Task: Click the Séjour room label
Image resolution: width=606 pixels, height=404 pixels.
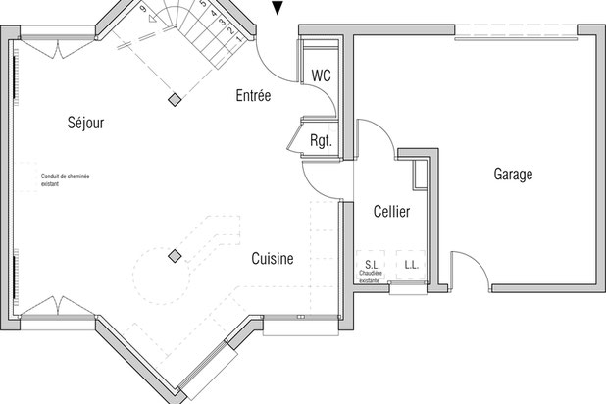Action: (x=86, y=123)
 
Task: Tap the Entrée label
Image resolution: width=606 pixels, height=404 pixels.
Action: (x=253, y=95)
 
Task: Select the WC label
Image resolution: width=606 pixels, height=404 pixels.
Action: (x=321, y=76)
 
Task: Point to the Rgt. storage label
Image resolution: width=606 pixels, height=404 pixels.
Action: (x=321, y=140)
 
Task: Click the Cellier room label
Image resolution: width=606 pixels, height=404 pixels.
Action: (x=391, y=212)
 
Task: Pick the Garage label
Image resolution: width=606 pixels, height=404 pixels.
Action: (x=513, y=175)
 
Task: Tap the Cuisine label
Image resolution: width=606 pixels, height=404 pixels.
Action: (x=273, y=258)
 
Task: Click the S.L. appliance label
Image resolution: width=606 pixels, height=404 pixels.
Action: (x=372, y=265)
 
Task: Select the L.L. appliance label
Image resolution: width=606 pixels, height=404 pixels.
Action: (x=411, y=265)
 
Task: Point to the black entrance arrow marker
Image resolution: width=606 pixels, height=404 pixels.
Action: (x=279, y=9)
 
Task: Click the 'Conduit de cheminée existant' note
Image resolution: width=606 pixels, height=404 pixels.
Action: (x=65, y=179)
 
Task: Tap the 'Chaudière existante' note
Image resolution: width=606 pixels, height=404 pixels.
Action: (x=370, y=278)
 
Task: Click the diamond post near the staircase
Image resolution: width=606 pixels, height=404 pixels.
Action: (x=174, y=99)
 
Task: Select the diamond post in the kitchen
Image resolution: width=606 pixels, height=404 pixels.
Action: (x=175, y=256)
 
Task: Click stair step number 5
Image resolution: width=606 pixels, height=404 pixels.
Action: (x=202, y=5)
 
